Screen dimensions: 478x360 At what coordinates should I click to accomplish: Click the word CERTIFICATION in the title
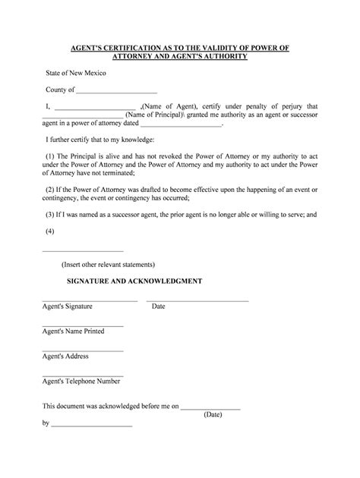(x=132, y=48)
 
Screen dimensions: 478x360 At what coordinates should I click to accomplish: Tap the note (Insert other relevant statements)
(x=109, y=265)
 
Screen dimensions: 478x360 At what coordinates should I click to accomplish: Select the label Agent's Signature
(x=67, y=307)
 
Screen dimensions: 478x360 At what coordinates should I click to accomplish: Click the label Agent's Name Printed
(x=73, y=332)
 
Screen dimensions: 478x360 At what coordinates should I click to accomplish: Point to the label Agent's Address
(x=65, y=356)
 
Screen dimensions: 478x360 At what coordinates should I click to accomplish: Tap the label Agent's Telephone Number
(x=81, y=381)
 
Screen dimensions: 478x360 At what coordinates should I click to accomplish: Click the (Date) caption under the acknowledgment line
(x=213, y=415)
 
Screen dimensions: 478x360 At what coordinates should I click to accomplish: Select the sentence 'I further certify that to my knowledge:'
(x=101, y=140)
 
